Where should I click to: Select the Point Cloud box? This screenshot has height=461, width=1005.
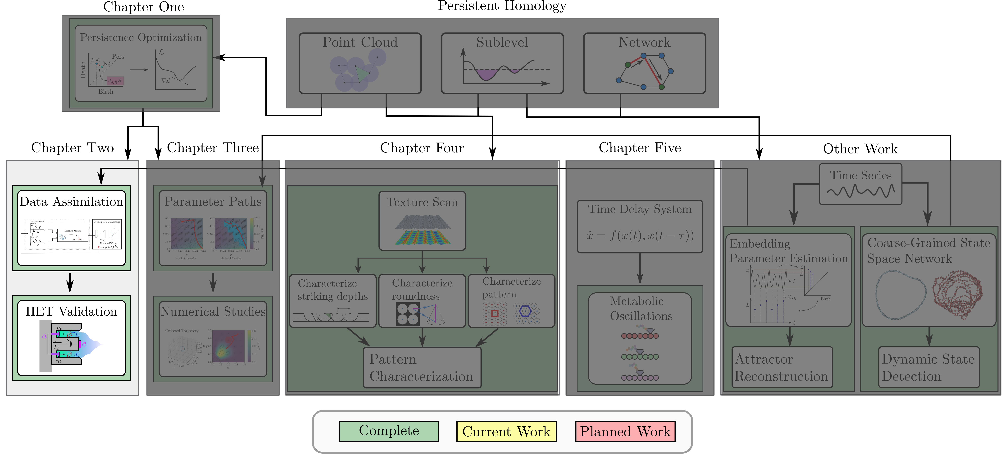pos(360,63)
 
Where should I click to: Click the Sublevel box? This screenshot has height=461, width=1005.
pos(502,63)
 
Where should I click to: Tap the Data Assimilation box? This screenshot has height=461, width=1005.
pos(71,228)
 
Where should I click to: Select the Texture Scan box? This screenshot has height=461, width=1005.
pos(422,221)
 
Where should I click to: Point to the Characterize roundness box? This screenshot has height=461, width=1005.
pos(422,301)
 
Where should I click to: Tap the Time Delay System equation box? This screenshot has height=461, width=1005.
pos(640,226)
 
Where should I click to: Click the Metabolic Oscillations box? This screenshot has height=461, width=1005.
pos(640,338)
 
